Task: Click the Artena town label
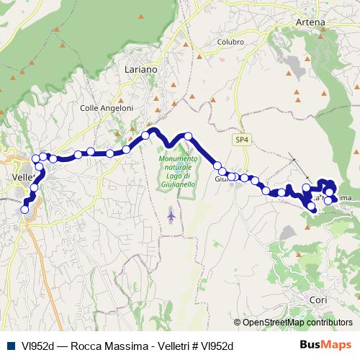pyautogui.click(x=310, y=22)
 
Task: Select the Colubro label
pyautogui.click(x=230, y=41)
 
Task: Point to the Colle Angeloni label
pyautogui.click(x=106, y=108)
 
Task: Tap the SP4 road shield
pyautogui.click(x=240, y=139)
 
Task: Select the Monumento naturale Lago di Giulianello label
pyautogui.click(x=174, y=171)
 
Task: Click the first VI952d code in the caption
pyautogui.click(x=31, y=346)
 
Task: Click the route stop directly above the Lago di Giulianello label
pyautogui.click(x=188, y=136)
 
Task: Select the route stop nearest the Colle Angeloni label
pyautogui.click(x=109, y=153)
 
